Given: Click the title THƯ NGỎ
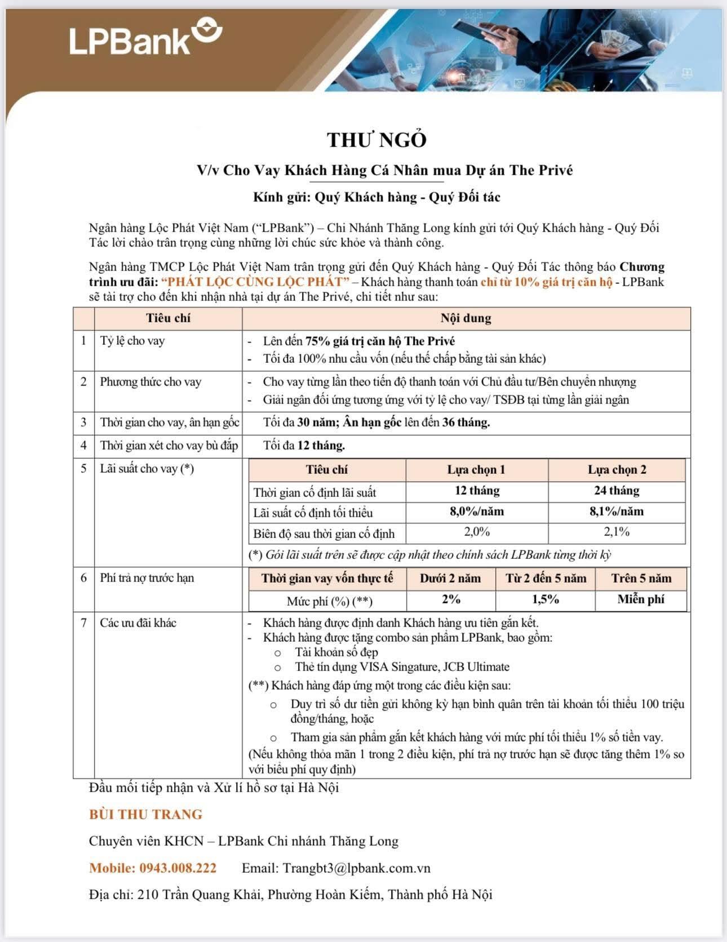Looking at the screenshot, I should coord(377,140).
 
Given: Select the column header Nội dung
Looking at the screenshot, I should coord(466,318).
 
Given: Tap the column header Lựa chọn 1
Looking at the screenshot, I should coord(476,470).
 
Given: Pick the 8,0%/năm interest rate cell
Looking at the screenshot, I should coord(477,512).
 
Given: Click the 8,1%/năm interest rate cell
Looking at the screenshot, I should coord(617,512).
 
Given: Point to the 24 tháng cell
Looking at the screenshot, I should coord(617,491).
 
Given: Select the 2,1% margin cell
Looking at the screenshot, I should coord(617,532).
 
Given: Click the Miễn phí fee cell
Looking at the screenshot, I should coord(641,599).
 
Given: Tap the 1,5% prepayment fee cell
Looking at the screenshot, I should coord(545,599).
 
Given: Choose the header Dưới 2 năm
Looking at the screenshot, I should coord(450,579).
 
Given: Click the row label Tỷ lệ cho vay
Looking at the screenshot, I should coord(132,341).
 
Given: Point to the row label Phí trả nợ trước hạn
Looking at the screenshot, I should coord(147,578).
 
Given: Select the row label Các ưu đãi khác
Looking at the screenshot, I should coord(138,623).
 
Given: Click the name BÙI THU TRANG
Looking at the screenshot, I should coord(145,814).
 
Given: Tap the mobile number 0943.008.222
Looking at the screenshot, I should coord(177,868).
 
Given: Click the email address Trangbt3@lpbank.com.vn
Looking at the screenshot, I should coord(356,868).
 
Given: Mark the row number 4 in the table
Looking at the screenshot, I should coord(83,446).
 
